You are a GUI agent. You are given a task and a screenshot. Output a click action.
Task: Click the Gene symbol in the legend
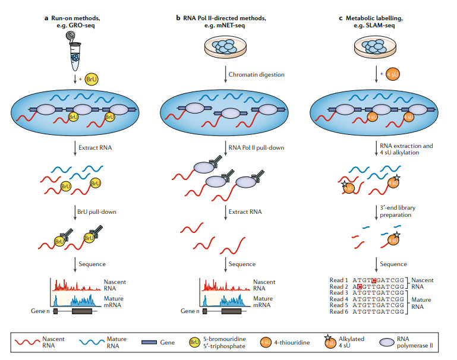(153, 342)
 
